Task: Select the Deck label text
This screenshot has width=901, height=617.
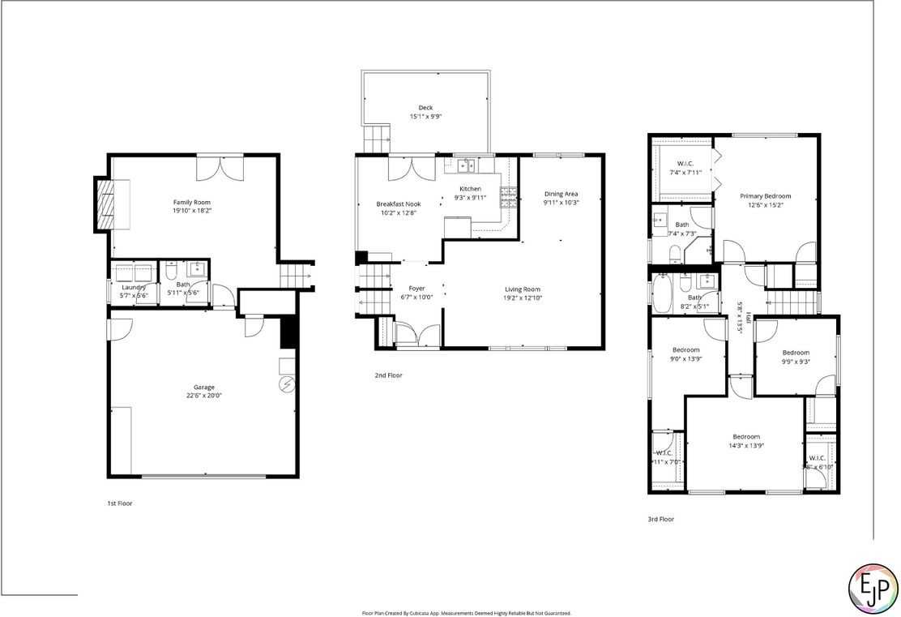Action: tap(425, 108)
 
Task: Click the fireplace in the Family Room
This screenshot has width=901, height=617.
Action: tap(104, 204)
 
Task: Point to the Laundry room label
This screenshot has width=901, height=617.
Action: tap(134, 287)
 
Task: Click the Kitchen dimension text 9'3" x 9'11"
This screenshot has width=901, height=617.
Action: tap(470, 197)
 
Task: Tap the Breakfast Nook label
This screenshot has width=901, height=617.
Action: tap(398, 204)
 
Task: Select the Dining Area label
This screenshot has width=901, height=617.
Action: tap(561, 194)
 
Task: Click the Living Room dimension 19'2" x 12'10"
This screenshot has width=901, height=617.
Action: tap(522, 298)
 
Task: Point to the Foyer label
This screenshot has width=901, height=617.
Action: tap(416, 288)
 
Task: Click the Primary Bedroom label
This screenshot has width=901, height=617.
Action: tap(765, 196)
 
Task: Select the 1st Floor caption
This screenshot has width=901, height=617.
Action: tap(119, 503)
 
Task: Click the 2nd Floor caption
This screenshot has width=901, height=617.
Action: tap(388, 375)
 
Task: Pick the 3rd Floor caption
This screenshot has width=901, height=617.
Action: tap(660, 519)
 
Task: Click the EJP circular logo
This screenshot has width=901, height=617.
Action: tap(872, 586)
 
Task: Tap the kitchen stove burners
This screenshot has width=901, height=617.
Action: tap(509, 197)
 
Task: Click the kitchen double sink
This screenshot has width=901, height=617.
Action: tap(466, 165)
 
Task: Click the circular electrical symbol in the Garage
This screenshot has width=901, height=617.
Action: tap(286, 384)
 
